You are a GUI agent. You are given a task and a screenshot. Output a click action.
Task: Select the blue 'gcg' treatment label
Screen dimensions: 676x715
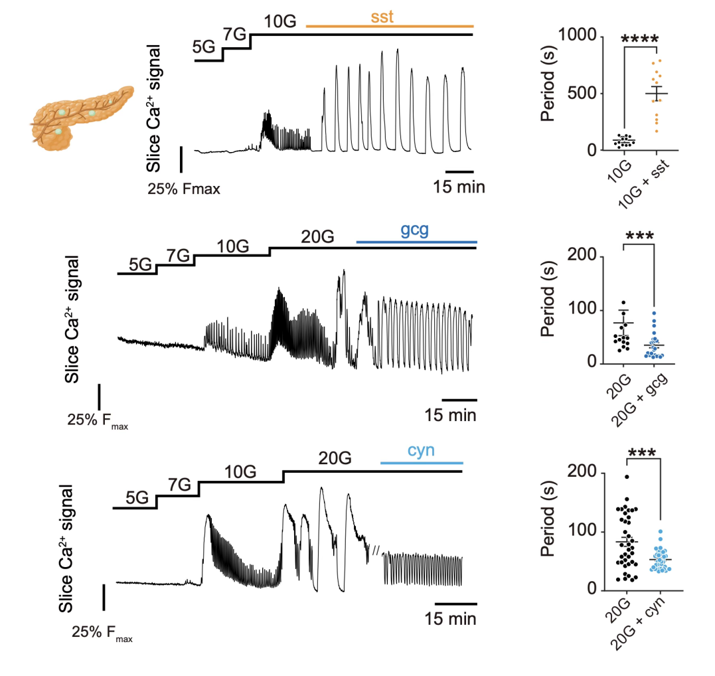coord(415,230)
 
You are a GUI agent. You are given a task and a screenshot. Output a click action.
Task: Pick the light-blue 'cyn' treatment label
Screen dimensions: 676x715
coord(421,450)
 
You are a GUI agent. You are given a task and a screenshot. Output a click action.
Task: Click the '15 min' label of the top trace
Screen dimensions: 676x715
coord(459,187)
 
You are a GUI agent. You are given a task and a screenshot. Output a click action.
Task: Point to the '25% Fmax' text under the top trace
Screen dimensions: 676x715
coord(183,189)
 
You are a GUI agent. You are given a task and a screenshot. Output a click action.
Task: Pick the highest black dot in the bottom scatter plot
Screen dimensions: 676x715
coord(627,477)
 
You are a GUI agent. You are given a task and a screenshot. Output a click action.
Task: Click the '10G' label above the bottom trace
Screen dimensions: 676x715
coord(240,471)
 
